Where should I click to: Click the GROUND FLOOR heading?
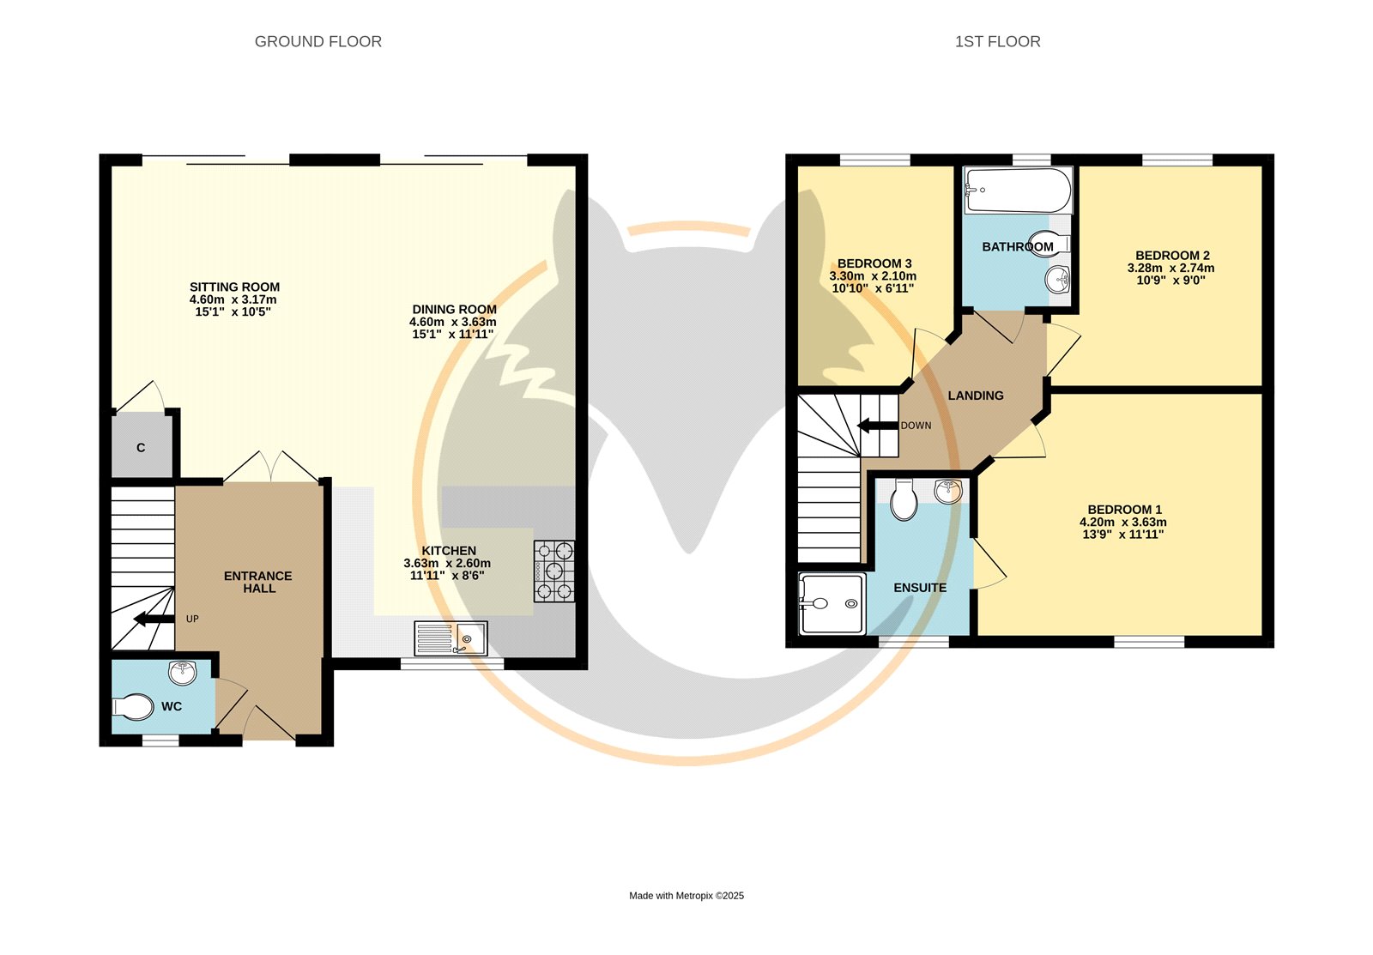point(318,42)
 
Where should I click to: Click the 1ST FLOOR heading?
point(997,42)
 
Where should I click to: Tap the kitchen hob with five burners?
point(554,571)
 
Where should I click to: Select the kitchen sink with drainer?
point(451,638)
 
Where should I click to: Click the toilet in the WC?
point(132,707)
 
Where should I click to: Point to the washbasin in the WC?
point(183,673)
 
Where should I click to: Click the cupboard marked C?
point(141,447)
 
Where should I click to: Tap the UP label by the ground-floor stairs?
point(192,620)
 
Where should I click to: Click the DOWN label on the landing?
point(916,426)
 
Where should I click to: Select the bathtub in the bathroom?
point(1019,190)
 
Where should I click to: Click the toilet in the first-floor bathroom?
point(1050,242)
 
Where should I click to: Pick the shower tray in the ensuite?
point(832,604)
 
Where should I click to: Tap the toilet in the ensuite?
point(904,499)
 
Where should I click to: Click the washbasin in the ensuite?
point(948,491)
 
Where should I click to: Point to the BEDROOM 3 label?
point(874,263)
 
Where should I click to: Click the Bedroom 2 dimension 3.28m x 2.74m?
point(1170,268)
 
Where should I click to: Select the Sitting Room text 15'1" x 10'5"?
point(233,312)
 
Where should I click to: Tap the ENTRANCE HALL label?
point(258,583)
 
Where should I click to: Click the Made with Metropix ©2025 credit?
point(686,896)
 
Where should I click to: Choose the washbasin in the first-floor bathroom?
point(1058,280)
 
